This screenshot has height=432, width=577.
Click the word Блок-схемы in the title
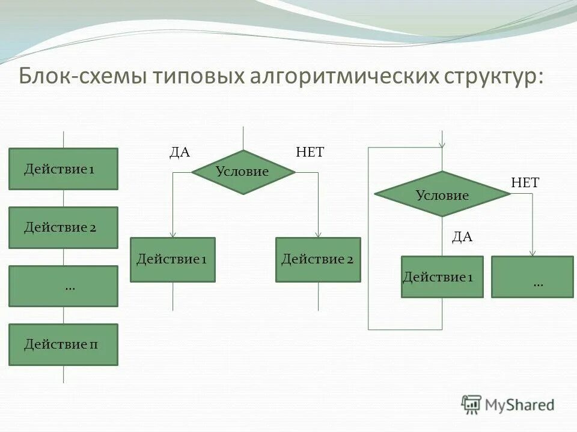80,77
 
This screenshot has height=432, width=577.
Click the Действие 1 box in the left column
63,169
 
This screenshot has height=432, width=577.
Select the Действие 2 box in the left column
63,227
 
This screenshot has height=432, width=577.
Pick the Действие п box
63,344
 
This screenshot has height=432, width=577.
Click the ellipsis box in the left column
63,286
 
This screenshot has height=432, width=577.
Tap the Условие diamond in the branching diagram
243,172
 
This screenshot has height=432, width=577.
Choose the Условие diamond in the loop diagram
442,194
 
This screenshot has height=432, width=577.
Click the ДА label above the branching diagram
179,152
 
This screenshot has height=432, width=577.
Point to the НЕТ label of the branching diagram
310,152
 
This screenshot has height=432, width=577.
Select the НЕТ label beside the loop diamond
525,183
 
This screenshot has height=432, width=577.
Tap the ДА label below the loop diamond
462,237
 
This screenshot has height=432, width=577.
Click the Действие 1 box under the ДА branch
172,259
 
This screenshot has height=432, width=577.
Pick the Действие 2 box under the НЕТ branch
318,259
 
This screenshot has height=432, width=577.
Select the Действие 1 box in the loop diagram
442,277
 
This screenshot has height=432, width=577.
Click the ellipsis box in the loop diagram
533,277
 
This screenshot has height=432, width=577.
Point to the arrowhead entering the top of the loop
442,144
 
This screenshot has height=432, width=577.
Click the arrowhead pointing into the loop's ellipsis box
533,253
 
